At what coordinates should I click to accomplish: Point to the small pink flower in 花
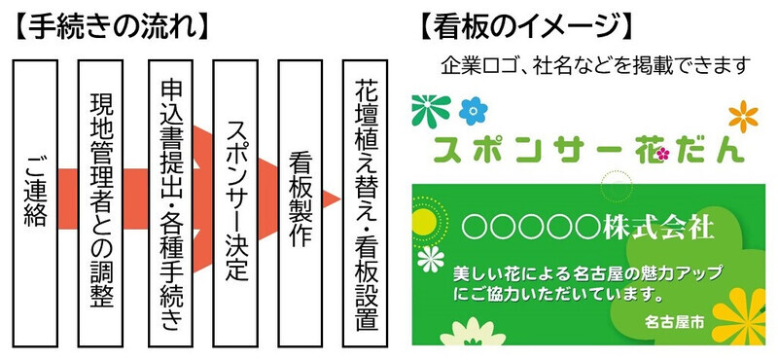(x=663, y=154)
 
